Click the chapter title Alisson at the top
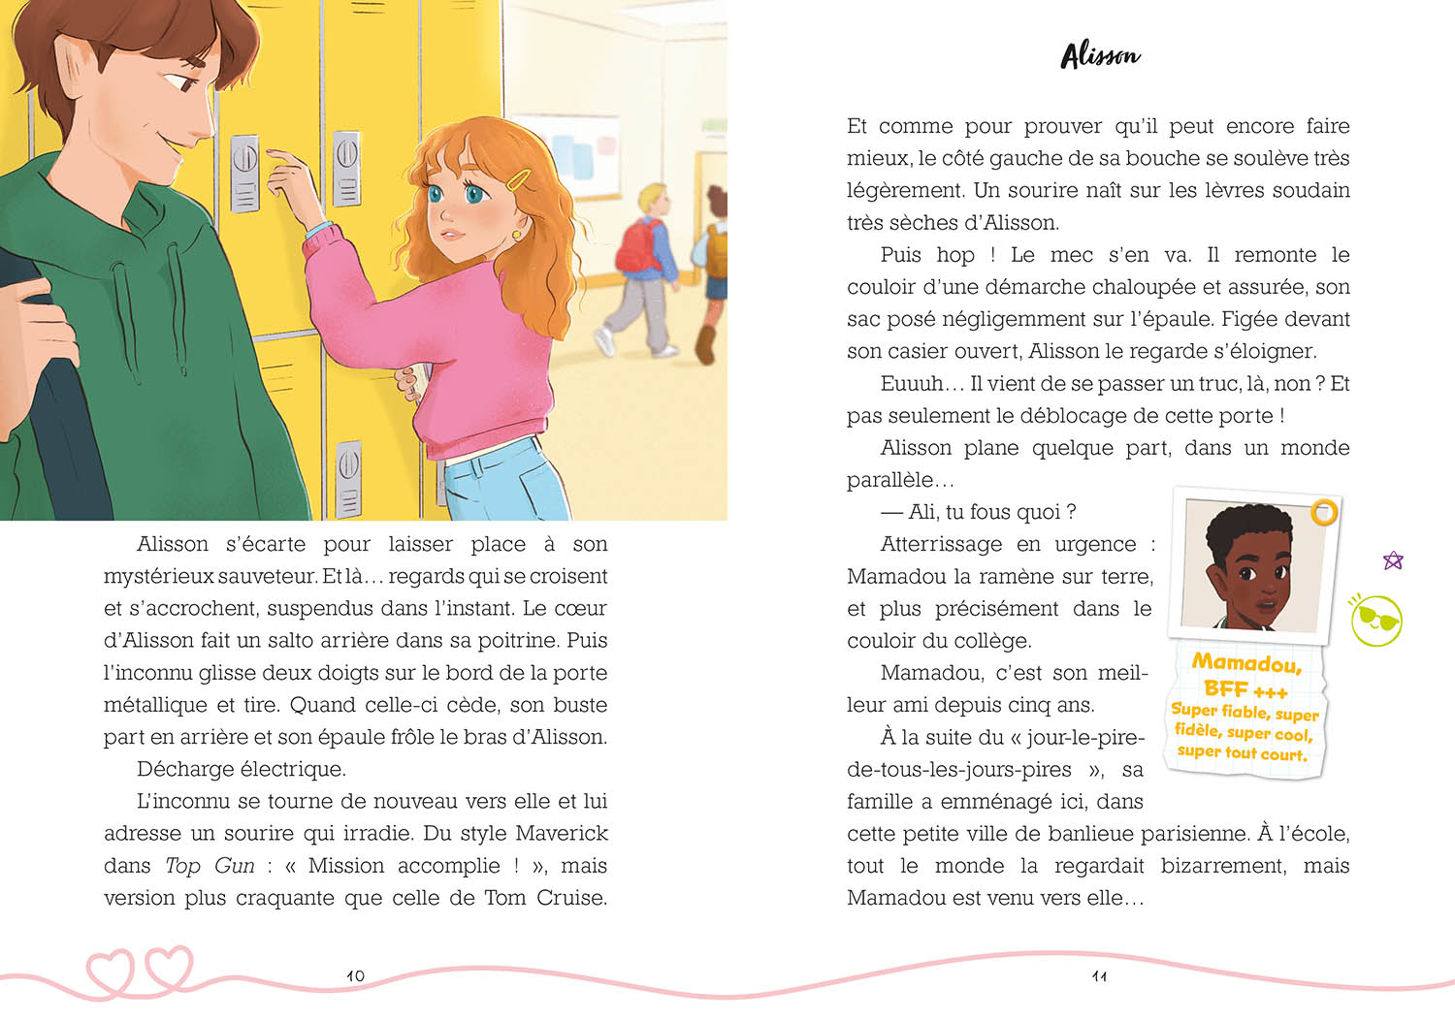(x=1101, y=55)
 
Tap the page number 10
(x=355, y=975)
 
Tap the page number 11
(x=1099, y=975)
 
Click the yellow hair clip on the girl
(x=520, y=180)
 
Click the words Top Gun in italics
(x=210, y=865)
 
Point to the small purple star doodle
(x=1393, y=559)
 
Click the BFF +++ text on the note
(x=1245, y=689)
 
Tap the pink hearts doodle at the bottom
(x=141, y=969)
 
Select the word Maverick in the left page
(x=561, y=833)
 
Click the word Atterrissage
(x=940, y=544)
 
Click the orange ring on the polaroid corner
(x=1323, y=512)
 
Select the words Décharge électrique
(x=241, y=769)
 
